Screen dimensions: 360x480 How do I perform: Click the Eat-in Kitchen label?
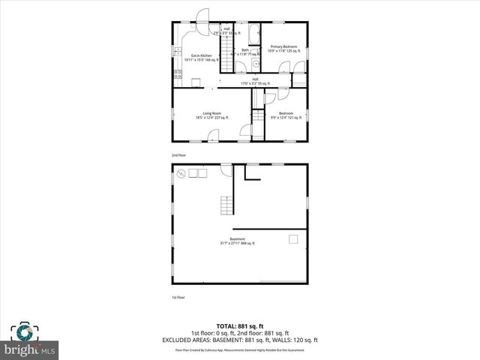tap(201, 57)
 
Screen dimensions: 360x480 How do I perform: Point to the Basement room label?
tap(238, 241)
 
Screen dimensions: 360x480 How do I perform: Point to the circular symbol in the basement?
tap(181, 173)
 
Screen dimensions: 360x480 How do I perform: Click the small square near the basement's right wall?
tap(293, 238)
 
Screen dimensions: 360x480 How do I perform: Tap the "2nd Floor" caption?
tap(178, 154)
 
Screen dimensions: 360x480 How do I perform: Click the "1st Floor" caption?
tap(178, 298)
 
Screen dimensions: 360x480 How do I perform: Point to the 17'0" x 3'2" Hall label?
tap(255, 81)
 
